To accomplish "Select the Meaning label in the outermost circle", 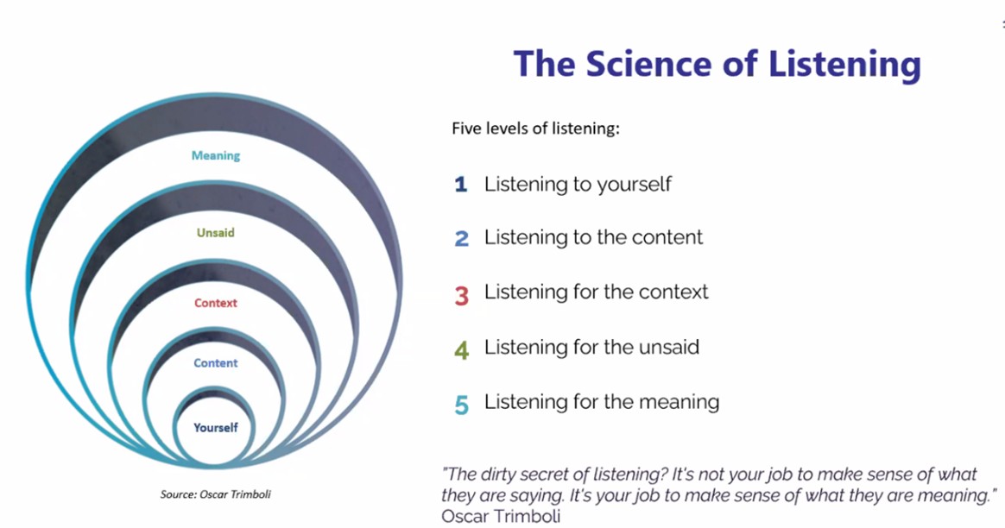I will tap(216, 156).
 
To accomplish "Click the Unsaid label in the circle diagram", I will tap(216, 233).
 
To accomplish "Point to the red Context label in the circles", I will tap(216, 303).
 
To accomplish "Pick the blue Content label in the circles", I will tap(216, 363).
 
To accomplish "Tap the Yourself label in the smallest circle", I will tap(216, 427).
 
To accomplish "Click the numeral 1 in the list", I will tap(461, 185).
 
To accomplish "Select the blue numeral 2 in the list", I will tap(462, 238).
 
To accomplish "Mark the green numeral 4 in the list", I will tap(462, 349).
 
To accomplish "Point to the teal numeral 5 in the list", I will tap(462, 404).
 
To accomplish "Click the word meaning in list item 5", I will tap(677, 402).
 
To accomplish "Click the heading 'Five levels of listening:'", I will tap(536, 129).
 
